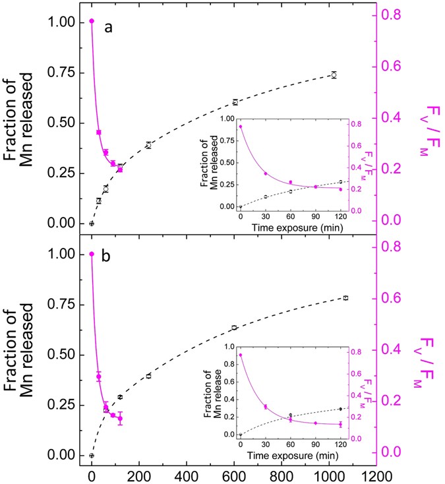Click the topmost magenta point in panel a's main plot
(92, 21)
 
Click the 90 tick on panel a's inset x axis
(315, 215)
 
